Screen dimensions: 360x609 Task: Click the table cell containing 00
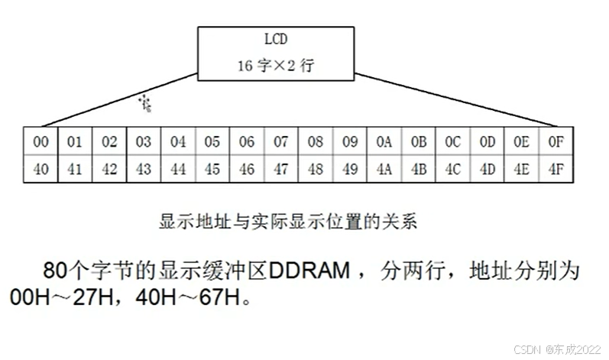point(41,142)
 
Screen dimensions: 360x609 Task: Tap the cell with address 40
point(41,169)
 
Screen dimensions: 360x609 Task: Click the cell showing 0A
point(384,142)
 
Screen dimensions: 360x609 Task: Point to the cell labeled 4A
point(384,169)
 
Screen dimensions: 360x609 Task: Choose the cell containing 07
point(280,142)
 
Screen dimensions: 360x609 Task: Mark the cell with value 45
point(212,169)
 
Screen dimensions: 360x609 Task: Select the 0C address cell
point(452,142)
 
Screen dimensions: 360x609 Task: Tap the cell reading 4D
point(487,169)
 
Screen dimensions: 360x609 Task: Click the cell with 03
point(144,142)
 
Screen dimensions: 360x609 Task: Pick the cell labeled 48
point(315,169)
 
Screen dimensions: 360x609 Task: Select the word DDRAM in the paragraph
point(309,271)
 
